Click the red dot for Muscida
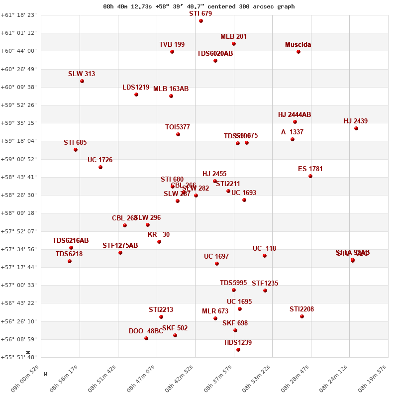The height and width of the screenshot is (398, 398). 298,52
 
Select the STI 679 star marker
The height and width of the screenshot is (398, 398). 201,21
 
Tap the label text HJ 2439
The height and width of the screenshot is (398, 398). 356,121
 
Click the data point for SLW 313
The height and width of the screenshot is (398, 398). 82,81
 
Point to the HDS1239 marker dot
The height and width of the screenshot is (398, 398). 238,350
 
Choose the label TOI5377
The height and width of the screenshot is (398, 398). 178,127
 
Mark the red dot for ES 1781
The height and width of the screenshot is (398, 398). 310,176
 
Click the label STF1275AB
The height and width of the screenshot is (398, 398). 120,246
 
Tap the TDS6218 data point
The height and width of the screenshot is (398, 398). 70,261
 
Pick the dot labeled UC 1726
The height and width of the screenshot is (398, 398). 100,167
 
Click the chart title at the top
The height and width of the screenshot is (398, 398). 199,6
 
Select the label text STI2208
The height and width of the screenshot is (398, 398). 301,309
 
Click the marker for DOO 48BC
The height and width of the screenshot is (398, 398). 146,338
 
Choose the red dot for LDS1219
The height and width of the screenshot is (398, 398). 136,95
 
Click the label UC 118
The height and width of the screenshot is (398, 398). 264,249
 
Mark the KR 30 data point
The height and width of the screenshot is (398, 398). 159,242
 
